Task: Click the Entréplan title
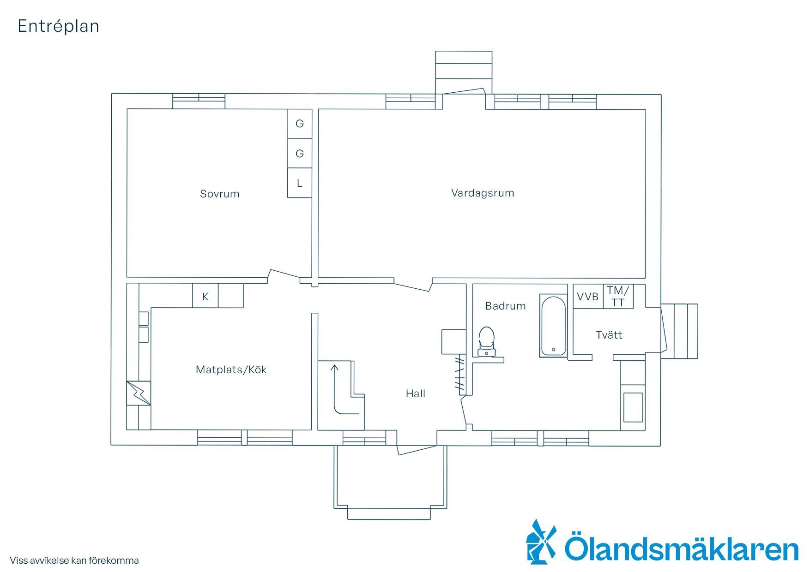pos(58,26)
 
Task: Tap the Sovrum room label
pos(220,194)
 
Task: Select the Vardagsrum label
pos(483,193)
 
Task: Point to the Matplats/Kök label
pos(231,369)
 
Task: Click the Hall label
pos(416,393)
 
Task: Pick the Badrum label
pos(506,306)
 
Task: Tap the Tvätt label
pos(609,335)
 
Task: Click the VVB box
pos(588,297)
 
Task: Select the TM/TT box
pos(618,297)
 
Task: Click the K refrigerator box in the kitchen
pos(206,296)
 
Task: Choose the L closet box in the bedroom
pos(300,183)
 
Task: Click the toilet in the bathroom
pos(487,342)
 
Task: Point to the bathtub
pos(553,326)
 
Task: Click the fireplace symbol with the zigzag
pos(139,393)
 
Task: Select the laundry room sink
pos(633,407)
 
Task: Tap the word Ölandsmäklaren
pos(682,548)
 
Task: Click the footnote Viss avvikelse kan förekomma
pos(74,561)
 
